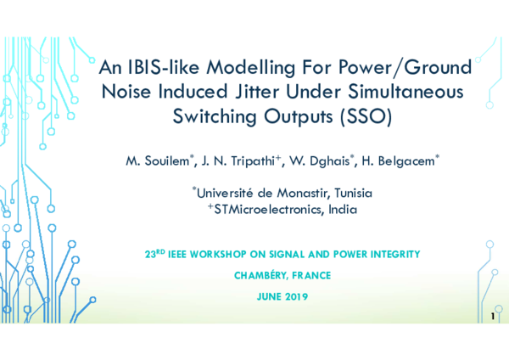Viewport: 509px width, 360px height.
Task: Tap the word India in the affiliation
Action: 343,210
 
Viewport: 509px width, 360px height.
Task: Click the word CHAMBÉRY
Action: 258,276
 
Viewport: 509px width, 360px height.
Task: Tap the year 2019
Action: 293,297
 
